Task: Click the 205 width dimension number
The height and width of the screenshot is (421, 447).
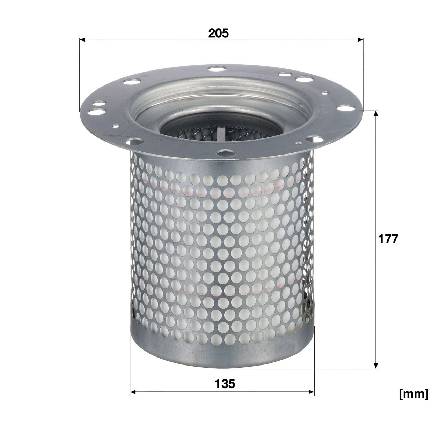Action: pyautogui.click(x=218, y=33)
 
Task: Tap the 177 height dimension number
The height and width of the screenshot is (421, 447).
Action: pyautogui.click(x=388, y=239)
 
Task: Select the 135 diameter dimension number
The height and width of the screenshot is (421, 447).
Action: pyautogui.click(x=225, y=384)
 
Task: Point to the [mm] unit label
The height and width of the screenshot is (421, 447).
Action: pyautogui.click(x=414, y=400)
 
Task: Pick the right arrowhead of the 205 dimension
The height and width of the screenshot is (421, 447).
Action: pyautogui.click(x=360, y=40)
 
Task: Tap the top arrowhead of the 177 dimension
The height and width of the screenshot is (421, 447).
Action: pyautogui.click(x=376, y=113)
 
